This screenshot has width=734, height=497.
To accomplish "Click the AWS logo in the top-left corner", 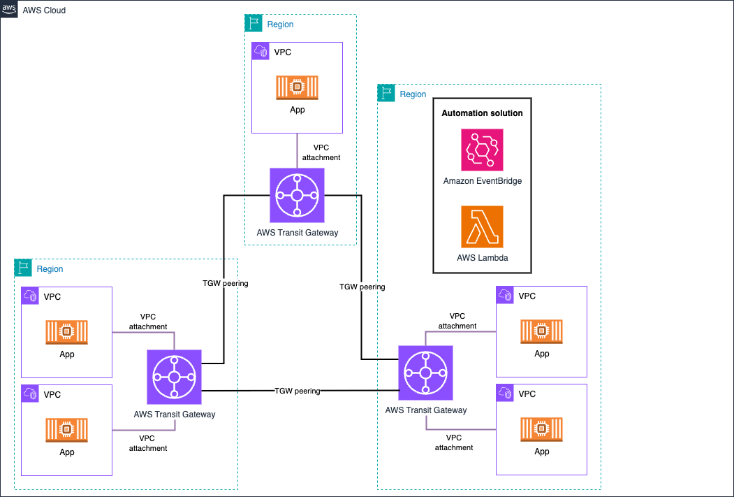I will click(9, 9).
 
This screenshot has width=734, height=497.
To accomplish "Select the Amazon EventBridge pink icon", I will click(482, 150).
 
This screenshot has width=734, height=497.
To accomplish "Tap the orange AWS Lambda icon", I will click(482, 226).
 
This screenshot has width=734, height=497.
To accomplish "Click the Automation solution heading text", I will click(482, 113).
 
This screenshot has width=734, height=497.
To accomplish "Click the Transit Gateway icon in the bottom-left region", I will click(174, 377).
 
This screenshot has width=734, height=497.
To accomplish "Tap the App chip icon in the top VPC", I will click(297, 87).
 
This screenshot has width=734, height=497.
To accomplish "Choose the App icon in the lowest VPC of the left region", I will click(67, 429).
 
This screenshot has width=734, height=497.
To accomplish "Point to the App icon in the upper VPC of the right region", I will click(541, 331).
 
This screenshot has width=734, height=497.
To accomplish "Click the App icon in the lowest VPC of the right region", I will click(541, 428).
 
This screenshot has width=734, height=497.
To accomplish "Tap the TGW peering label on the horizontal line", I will click(297, 391).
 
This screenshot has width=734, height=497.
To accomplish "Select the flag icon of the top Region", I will click(253, 23).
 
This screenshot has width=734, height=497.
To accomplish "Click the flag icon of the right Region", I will click(386, 93).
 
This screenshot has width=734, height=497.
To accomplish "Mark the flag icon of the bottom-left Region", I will click(23, 268).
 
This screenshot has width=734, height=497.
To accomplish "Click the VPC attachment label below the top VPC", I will click(321, 152).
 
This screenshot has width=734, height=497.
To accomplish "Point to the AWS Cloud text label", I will click(44, 10).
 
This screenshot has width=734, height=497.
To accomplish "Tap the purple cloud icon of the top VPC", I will click(260, 51).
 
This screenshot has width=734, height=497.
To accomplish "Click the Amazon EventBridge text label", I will click(482, 181).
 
